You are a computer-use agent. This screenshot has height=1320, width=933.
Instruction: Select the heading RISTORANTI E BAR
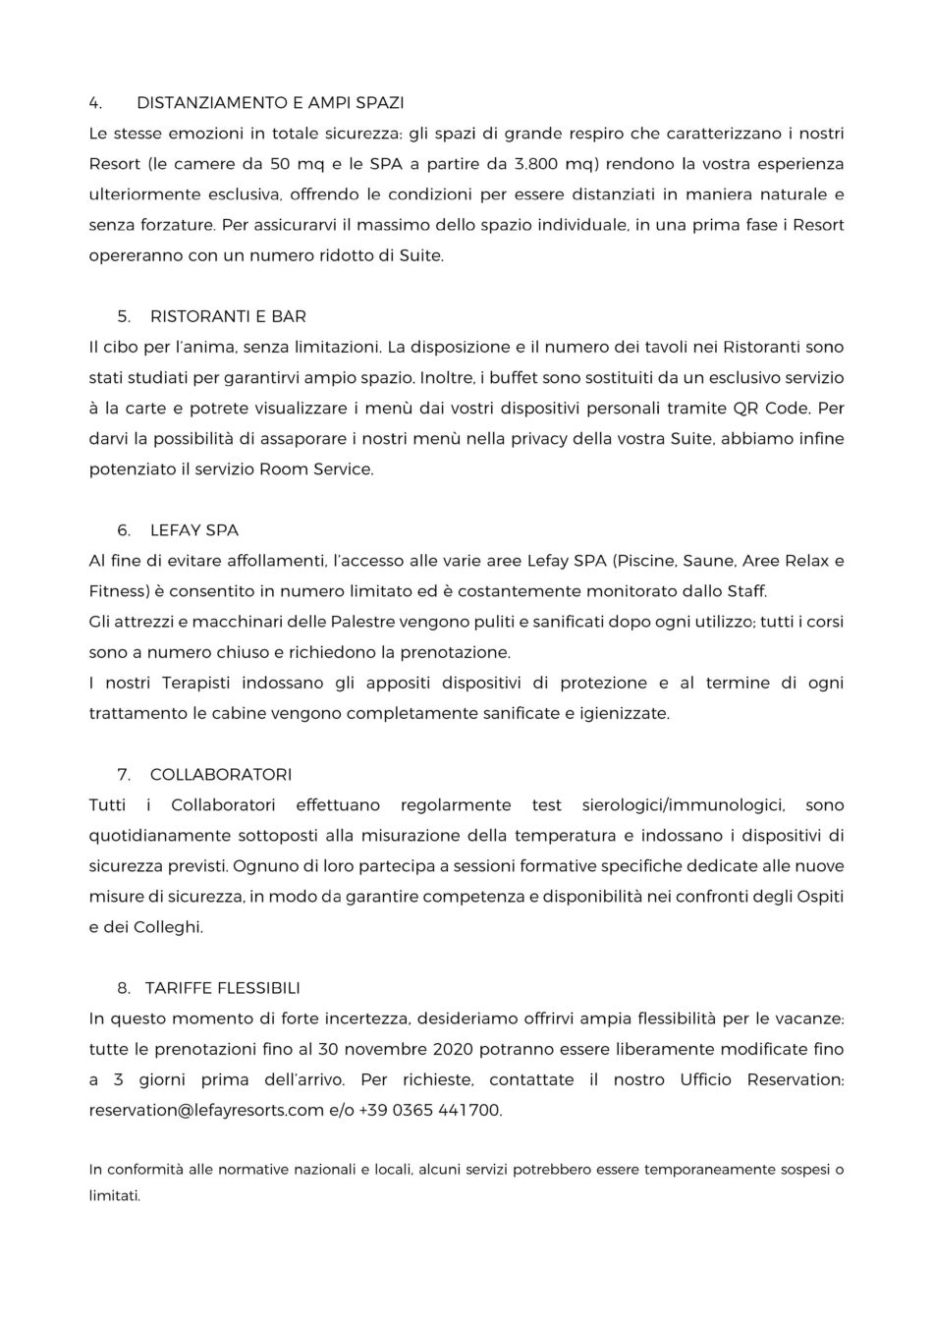(x=228, y=316)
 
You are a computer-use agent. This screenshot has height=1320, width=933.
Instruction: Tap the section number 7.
(x=123, y=775)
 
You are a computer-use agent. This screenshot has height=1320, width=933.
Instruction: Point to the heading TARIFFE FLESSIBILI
(x=222, y=988)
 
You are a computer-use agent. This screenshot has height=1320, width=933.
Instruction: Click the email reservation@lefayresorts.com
(x=206, y=1111)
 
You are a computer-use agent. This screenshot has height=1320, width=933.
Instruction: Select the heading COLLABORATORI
(x=221, y=775)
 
